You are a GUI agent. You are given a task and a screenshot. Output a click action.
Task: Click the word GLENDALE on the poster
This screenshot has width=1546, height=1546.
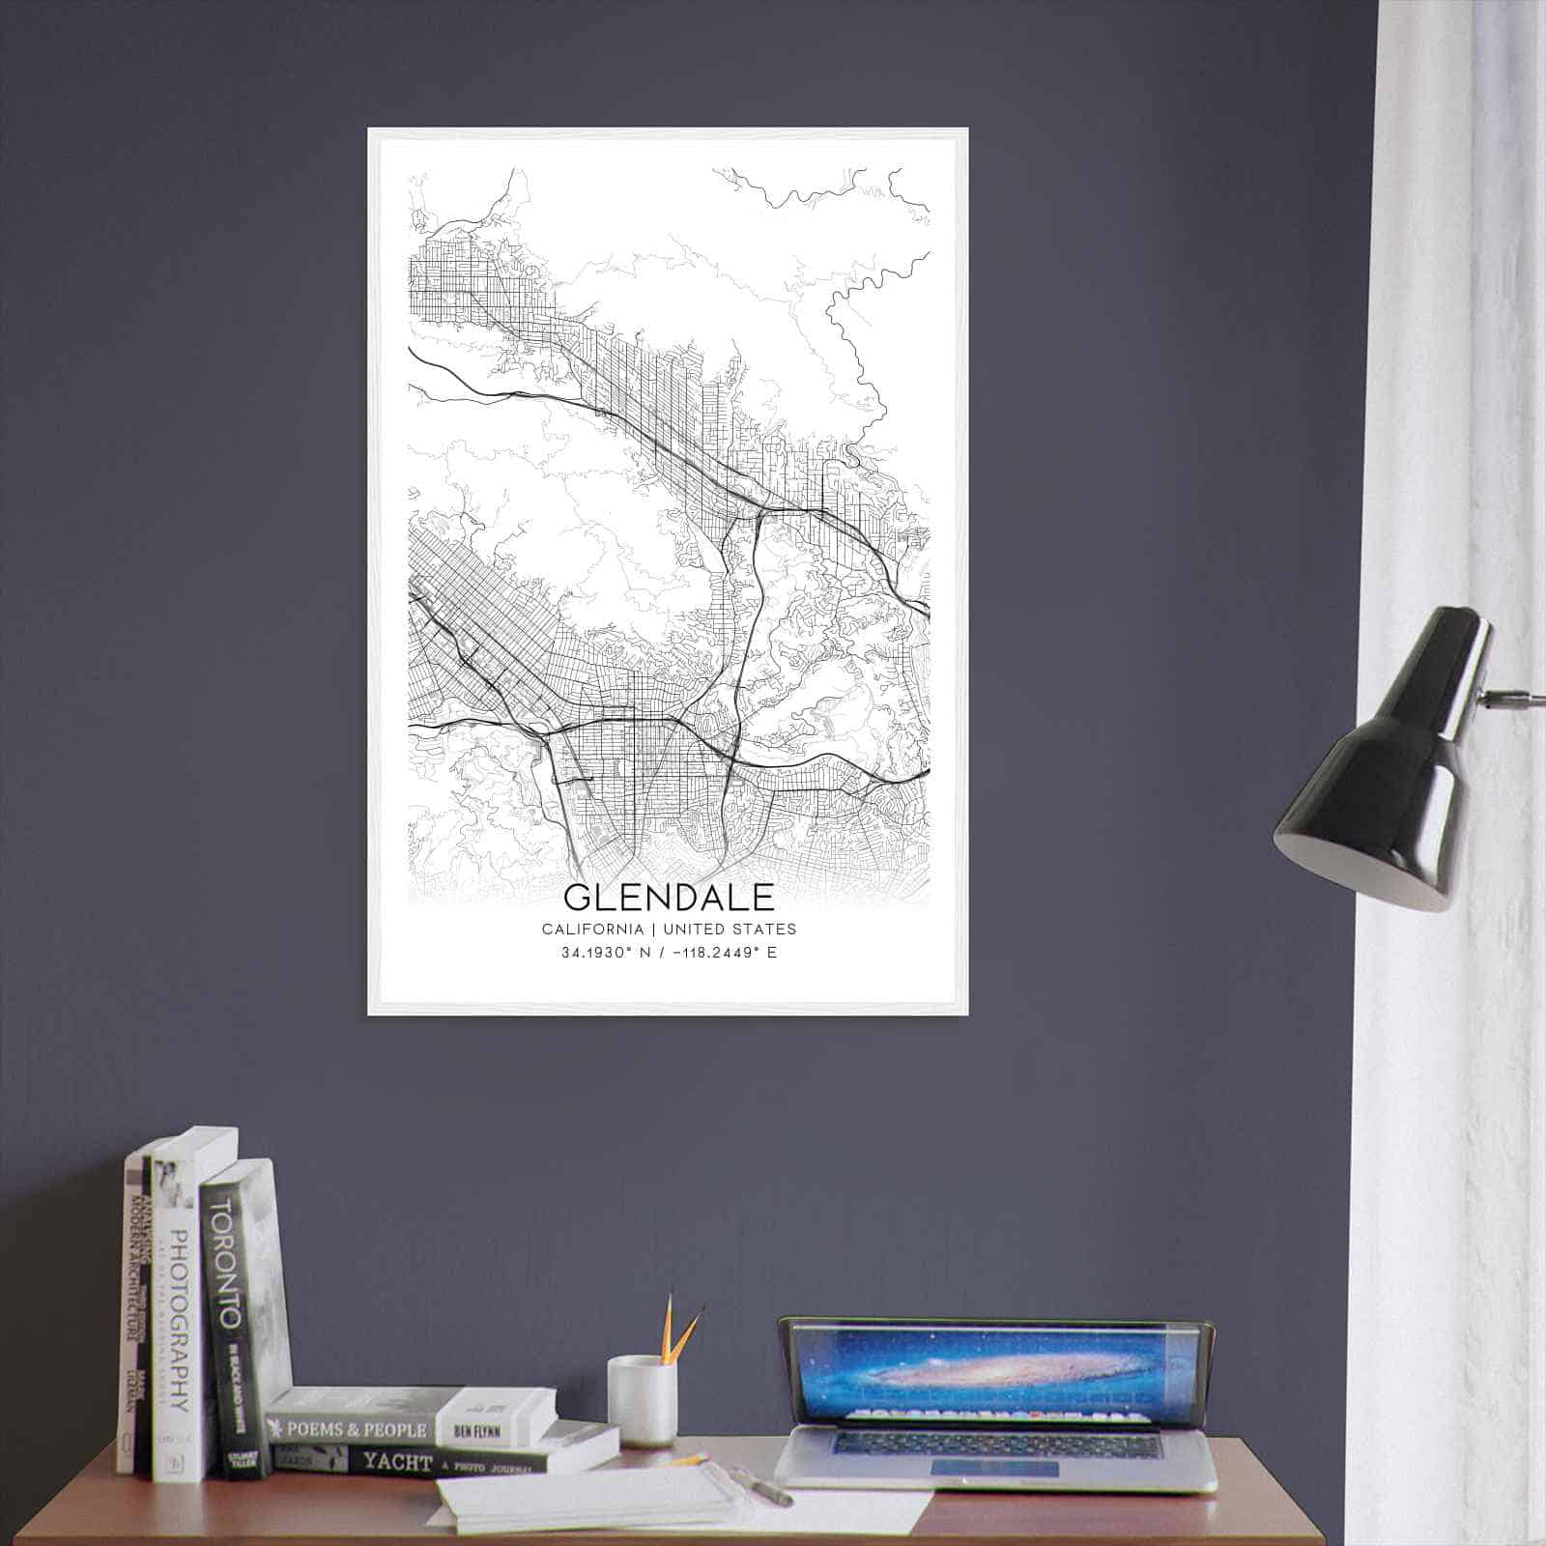669,898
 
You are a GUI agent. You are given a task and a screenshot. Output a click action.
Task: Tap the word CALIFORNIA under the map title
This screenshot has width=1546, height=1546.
592,930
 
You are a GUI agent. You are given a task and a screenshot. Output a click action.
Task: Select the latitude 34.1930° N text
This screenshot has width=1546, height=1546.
607,953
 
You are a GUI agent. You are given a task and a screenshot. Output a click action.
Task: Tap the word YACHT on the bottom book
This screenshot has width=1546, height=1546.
397,1463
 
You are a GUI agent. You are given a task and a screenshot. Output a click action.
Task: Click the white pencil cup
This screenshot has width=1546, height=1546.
641,1399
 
